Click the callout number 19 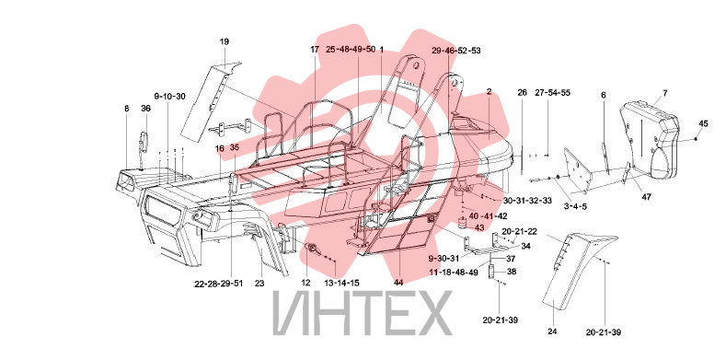[225, 41]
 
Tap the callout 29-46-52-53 [456, 51]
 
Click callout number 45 [703, 123]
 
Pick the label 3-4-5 [574, 206]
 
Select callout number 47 [646, 197]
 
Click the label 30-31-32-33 [528, 201]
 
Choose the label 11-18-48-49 [454, 273]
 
